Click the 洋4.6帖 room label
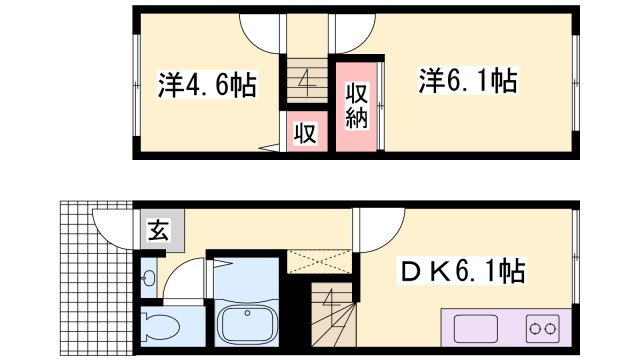coord(206,84)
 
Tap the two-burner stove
coord(545,327)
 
